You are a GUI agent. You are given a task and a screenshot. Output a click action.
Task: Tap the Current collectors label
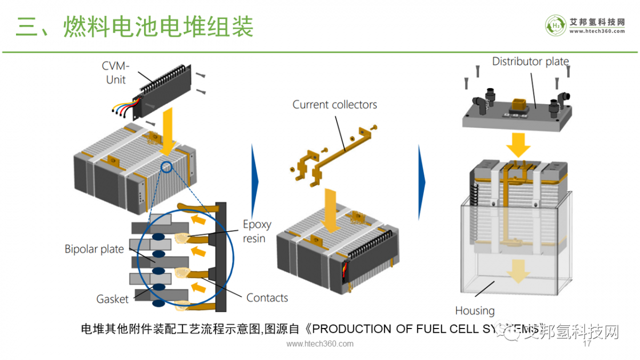coord(334,105)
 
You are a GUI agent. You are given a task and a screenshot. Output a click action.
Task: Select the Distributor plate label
coord(530,61)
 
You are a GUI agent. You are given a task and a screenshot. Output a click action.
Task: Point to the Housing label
coord(475,310)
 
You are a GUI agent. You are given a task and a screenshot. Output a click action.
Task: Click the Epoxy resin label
coord(257,231)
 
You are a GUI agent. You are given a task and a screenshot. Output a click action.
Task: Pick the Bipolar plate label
coord(94,249)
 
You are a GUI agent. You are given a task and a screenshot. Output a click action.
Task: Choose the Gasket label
coord(113,299)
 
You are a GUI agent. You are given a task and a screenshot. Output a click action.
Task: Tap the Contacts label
coord(267,298)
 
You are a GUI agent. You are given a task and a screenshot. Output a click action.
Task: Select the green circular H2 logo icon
coord(556,25)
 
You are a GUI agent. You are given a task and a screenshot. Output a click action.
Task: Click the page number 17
coord(587,344)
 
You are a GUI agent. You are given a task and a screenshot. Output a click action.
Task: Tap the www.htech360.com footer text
coord(320,344)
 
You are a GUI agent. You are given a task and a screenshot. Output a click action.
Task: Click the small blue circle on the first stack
coord(167,167)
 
